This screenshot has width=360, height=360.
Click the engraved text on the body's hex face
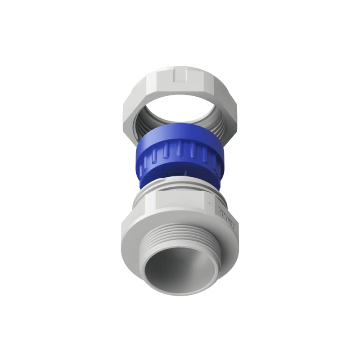click(225, 216)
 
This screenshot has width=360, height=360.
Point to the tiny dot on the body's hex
click(211, 203)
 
